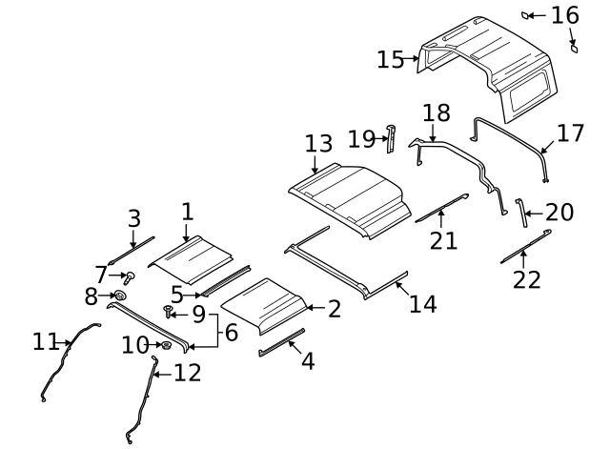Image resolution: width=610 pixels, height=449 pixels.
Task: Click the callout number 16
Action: tap(564, 14)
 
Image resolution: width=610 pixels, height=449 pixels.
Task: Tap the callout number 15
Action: tap(391, 59)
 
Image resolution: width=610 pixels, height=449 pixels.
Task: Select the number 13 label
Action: tap(318, 144)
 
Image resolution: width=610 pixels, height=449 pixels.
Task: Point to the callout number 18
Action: tap(436, 113)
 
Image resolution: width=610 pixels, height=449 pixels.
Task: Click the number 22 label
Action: tap(526, 279)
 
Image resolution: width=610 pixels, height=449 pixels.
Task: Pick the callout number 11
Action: tap(46, 340)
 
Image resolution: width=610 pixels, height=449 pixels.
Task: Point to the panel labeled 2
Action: tap(264, 303)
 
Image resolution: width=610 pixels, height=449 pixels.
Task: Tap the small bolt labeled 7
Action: tap(130, 277)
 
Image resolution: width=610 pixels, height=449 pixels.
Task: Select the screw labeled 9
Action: tap(170, 311)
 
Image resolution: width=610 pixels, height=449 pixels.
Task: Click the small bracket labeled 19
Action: tap(390, 138)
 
